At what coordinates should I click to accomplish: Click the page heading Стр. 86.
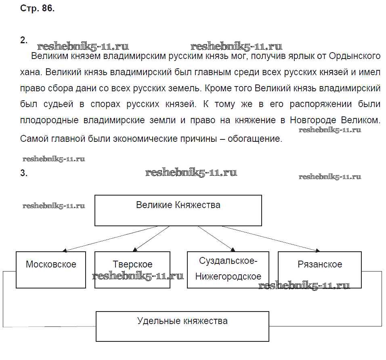tap(37, 9)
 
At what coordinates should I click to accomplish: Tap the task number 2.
tap(23, 40)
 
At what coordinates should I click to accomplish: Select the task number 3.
tap(23, 173)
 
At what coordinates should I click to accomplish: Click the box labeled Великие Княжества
tap(178, 210)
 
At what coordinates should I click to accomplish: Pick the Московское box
tap(51, 269)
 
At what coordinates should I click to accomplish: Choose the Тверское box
tap(132, 269)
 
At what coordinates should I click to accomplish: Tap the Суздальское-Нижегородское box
tap(228, 269)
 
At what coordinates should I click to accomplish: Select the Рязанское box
tap(319, 269)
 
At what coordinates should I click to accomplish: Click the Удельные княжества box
tap(182, 326)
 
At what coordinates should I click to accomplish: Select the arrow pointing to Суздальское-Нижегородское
tap(216, 238)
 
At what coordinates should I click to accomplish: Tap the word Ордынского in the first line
tap(355, 55)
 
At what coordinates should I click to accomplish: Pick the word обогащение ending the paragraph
tap(254, 139)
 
